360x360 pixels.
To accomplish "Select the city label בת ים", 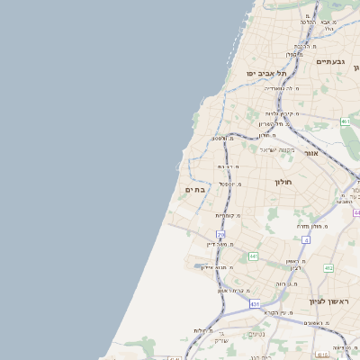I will pos(195,190).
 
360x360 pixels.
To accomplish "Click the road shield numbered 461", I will pos(345,121).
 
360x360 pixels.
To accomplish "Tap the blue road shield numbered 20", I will pos(220,235).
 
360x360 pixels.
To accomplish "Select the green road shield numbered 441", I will pos(254,256).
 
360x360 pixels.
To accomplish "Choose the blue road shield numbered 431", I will pos(255,304).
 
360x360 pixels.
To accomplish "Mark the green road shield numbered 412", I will pos(328,268).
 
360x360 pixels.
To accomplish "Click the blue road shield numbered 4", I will pos(306,240).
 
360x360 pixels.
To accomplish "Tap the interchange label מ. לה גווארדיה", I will pos(283,88).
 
